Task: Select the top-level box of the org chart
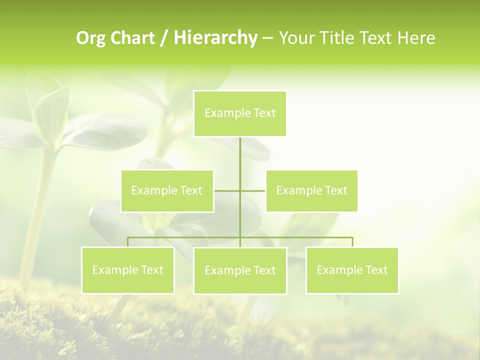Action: click(x=240, y=113)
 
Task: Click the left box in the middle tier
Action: click(x=167, y=190)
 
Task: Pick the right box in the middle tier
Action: click(x=311, y=190)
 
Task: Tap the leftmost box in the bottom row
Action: click(x=127, y=270)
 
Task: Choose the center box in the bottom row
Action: click(x=240, y=270)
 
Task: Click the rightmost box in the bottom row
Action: click(x=352, y=270)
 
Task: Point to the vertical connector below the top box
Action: click(x=240, y=160)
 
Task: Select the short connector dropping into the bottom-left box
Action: click(x=127, y=242)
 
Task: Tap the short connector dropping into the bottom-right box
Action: click(x=352, y=242)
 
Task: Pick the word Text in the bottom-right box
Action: click(x=376, y=270)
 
